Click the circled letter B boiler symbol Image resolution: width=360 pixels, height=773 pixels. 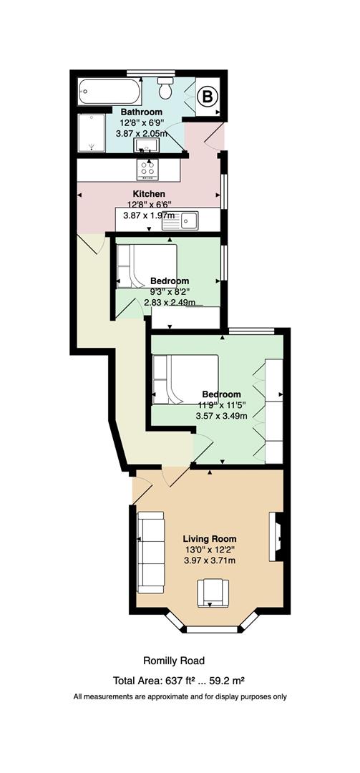(x=208, y=97)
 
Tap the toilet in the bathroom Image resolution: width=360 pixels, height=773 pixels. (x=165, y=87)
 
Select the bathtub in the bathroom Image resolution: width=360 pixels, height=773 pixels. (x=110, y=91)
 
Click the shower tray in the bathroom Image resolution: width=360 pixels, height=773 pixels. (x=92, y=132)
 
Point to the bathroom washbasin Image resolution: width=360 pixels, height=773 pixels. (x=146, y=145)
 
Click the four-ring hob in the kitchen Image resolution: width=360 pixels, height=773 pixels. (x=147, y=169)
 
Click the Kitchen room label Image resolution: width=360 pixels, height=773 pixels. (x=148, y=194)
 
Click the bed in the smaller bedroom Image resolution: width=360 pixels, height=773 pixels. (x=147, y=266)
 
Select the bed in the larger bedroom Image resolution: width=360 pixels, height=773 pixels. (x=185, y=379)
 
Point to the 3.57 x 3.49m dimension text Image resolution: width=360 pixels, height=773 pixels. (x=221, y=416)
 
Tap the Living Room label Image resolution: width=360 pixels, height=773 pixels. (x=210, y=539)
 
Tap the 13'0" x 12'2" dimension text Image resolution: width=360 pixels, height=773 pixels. (x=210, y=550)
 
